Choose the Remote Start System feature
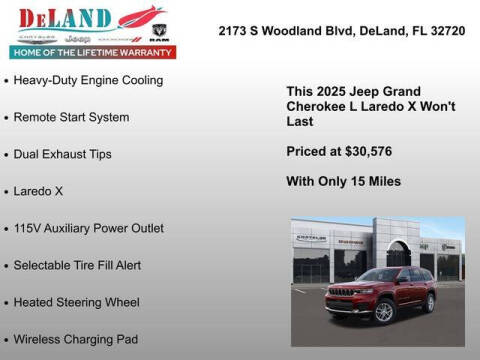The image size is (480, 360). [71, 117]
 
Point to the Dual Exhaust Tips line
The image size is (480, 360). [63, 154]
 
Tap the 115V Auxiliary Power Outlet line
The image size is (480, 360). [89, 228]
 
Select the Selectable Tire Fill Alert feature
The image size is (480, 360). [77, 265]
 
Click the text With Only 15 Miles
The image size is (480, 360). [344, 181]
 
